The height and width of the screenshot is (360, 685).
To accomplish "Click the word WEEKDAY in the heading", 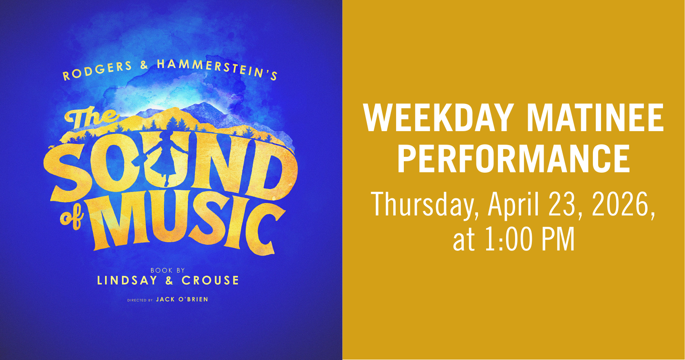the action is pyautogui.click(x=438, y=118).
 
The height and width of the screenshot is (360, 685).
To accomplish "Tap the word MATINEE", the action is pyautogui.click(x=595, y=118).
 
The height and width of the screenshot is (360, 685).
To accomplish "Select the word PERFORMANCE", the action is pyautogui.click(x=513, y=159).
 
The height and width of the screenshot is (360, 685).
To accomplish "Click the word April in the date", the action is pyautogui.click(x=514, y=204).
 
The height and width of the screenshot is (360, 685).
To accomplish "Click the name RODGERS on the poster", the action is pyautogui.click(x=97, y=70).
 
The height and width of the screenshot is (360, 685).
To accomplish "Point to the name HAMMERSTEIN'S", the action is pyautogui.click(x=218, y=69).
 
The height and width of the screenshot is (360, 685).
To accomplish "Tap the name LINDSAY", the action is pyautogui.click(x=127, y=281).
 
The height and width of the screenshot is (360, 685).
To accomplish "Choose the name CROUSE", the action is pyautogui.click(x=210, y=281).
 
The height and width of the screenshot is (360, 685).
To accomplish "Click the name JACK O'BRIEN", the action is pyautogui.click(x=182, y=299).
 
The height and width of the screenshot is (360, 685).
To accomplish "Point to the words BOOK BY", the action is pyautogui.click(x=167, y=270).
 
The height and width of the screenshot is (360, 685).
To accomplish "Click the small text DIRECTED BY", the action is pyautogui.click(x=140, y=301).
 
